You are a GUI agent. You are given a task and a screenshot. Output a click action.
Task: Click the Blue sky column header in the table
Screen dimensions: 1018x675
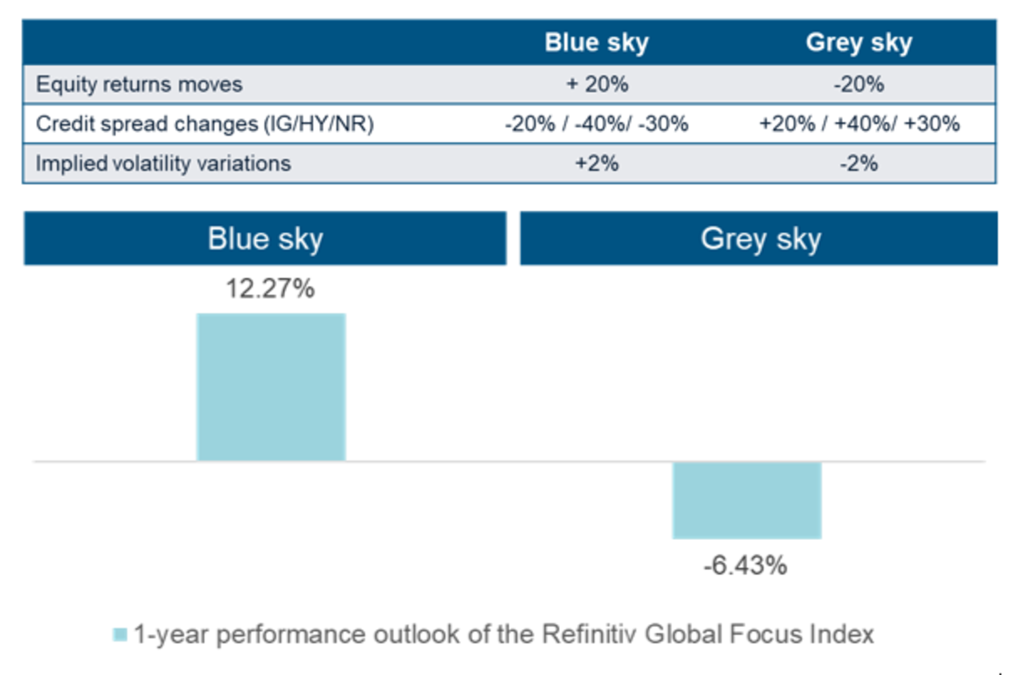pyautogui.click(x=597, y=43)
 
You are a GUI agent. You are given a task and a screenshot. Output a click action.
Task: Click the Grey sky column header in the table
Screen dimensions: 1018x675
pyautogui.click(x=859, y=43)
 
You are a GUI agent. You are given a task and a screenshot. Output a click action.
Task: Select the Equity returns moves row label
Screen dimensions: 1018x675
pyautogui.click(x=139, y=85)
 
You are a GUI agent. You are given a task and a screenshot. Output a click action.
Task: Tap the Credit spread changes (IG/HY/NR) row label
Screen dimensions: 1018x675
pyautogui.click(x=204, y=124)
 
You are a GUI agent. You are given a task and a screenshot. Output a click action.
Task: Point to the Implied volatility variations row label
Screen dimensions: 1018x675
pyautogui.click(x=163, y=163)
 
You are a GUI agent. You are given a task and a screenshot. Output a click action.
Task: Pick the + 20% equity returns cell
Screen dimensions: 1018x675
pyautogui.click(x=597, y=85)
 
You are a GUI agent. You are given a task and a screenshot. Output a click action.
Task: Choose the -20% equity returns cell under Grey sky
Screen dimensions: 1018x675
pyautogui.click(x=859, y=85)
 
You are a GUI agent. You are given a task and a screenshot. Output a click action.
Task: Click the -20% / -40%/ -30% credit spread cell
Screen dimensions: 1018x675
pyautogui.click(x=597, y=124)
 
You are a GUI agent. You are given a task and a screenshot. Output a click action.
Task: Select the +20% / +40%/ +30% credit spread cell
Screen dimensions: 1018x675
pyautogui.click(x=859, y=124)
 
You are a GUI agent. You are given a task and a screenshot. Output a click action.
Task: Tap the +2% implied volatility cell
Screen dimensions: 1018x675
pyautogui.click(x=597, y=163)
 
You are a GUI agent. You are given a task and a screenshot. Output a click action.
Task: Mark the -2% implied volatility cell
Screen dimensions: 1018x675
pyautogui.click(x=859, y=163)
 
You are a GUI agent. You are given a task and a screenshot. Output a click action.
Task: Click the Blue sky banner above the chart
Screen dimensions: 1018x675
pyautogui.click(x=265, y=238)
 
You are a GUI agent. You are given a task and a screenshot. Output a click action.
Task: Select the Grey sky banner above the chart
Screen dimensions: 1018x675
pyautogui.click(x=759, y=238)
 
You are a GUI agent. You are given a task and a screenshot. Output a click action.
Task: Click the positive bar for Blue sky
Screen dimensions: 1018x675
pyautogui.click(x=271, y=387)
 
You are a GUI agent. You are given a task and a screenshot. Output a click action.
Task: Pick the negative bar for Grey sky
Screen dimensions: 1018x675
pyautogui.click(x=747, y=500)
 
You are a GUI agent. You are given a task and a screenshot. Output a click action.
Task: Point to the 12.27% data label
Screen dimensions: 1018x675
pyautogui.click(x=270, y=288)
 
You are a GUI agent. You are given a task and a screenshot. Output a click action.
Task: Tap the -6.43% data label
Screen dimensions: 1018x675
pyautogui.click(x=745, y=566)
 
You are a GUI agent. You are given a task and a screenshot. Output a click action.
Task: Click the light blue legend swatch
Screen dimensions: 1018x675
pyautogui.click(x=120, y=634)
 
